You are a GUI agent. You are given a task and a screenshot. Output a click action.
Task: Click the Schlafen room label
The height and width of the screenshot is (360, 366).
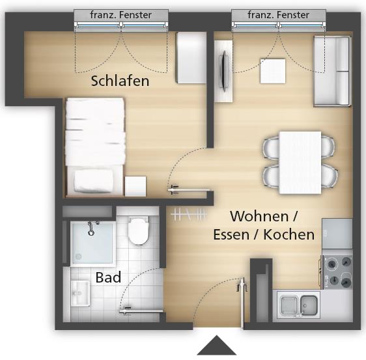(120, 81)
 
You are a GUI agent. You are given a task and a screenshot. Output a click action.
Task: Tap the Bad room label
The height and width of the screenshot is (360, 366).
(108, 277)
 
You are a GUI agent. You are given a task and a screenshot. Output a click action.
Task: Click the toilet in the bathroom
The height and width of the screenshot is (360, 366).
(138, 230)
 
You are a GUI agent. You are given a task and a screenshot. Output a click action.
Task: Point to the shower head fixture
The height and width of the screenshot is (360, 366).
(91, 228)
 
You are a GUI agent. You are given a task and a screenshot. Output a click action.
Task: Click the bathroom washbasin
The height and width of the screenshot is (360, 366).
(80, 293)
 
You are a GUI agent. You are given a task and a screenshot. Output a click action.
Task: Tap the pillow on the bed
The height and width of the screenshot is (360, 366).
(94, 181)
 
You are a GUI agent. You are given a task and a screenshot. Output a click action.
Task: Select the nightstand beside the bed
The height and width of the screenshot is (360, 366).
(135, 186)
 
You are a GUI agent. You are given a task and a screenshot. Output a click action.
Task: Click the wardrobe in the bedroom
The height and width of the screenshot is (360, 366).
(191, 58)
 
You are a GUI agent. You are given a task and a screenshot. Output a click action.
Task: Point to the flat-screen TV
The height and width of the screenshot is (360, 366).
(224, 70)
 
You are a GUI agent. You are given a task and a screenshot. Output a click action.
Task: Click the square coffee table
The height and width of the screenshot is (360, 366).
(273, 71)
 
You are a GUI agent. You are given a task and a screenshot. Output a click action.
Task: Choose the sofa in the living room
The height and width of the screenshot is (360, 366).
(331, 71)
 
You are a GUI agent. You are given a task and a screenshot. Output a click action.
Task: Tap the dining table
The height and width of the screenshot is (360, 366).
(300, 162)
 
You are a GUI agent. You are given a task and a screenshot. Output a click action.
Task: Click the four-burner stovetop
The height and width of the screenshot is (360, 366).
(338, 272)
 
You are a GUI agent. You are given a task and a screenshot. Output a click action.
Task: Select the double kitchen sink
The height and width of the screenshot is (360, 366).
(299, 305)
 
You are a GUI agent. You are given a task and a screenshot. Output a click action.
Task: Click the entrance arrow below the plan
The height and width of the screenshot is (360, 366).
(217, 345)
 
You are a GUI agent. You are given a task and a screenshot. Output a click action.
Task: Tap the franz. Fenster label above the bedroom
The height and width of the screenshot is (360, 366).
(121, 15)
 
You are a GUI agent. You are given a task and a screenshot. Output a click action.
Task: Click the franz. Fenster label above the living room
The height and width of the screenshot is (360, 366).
(279, 15)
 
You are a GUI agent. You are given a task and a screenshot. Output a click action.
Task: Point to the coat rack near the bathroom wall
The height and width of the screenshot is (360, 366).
(189, 214)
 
